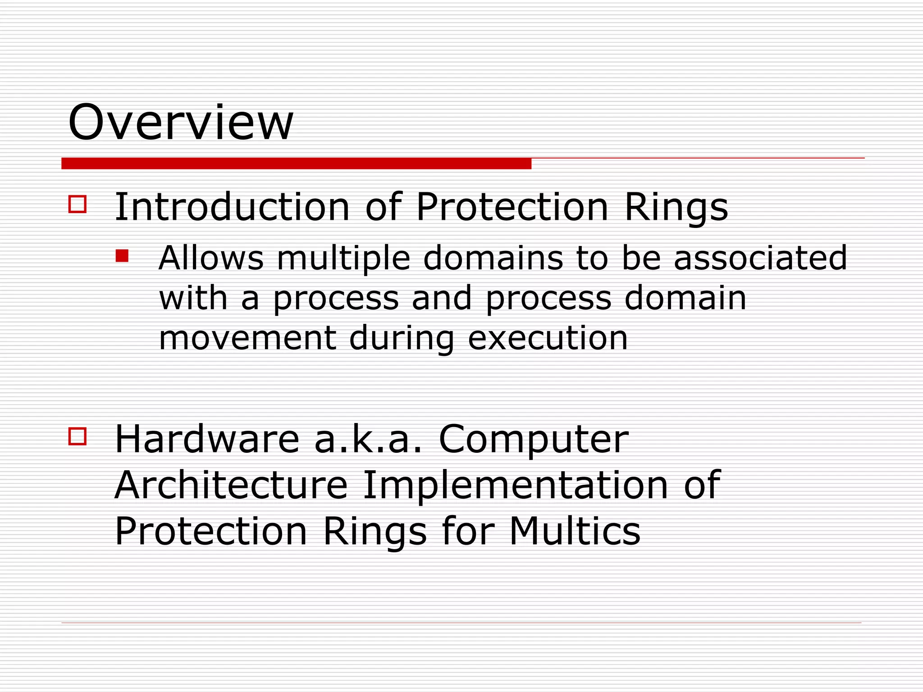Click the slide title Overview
(x=180, y=123)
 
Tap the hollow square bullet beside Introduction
(x=78, y=204)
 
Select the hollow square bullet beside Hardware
(x=78, y=436)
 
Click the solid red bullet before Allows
(x=122, y=256)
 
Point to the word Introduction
(x=232, y=207)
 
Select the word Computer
(x=533, y=441)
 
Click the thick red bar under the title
(x=296, y=164)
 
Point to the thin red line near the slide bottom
(x=461, y=623)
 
